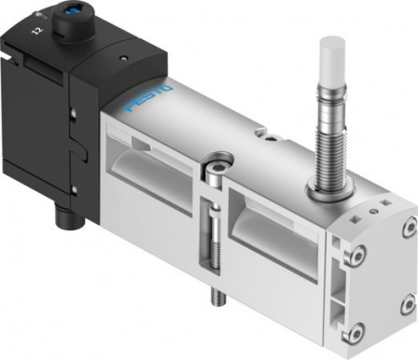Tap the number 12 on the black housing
[36, 32]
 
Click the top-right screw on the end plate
[408, 227]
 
